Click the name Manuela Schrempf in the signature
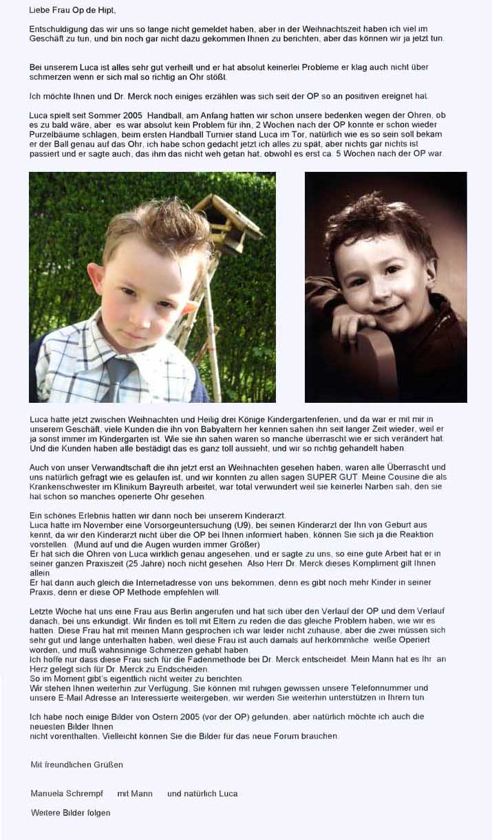[x=65, y=793]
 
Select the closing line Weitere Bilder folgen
[x=70, y=813]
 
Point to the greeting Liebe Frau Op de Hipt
[x=73, y=10]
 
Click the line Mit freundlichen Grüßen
[x=77, y=764]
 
